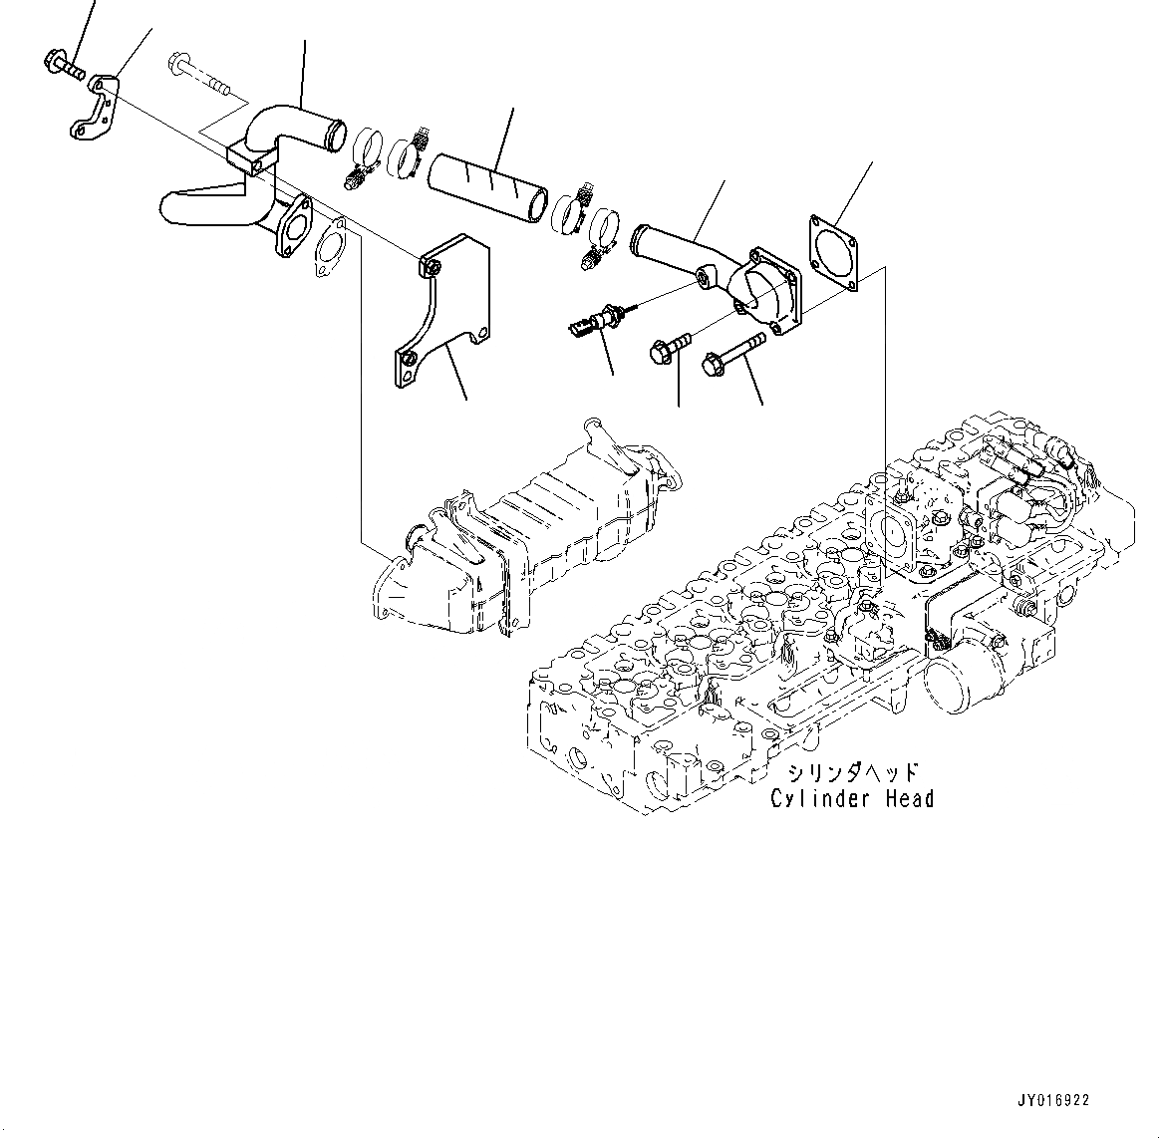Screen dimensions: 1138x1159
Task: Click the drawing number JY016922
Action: pos(1054,1101)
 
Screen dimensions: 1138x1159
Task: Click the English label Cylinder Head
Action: pos(852,798)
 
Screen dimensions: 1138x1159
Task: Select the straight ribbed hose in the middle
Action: pos(487,186)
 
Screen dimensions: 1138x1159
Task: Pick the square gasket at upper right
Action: pos(832,250)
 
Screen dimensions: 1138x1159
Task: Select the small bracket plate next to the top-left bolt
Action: pos(95,107)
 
